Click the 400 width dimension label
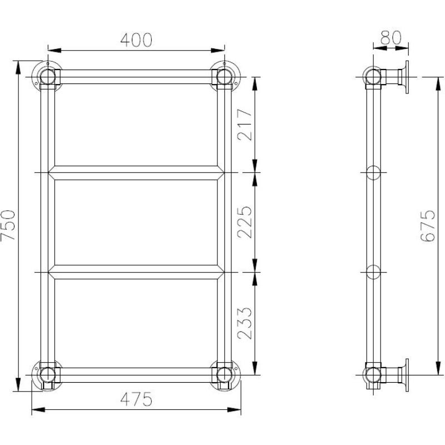136,39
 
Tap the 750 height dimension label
8,225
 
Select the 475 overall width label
136,398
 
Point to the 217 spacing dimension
245,124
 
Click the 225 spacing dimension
245,222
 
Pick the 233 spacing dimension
245,323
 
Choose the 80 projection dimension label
391,38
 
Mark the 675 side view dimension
427,225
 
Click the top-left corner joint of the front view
47,77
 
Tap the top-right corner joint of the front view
225,77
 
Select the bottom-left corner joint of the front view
47,374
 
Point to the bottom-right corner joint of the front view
225,374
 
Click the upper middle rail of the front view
136,173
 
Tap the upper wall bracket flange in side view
407,77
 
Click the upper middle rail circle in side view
373,173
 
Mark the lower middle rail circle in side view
373,272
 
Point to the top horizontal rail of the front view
136,77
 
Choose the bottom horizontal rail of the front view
136,374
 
